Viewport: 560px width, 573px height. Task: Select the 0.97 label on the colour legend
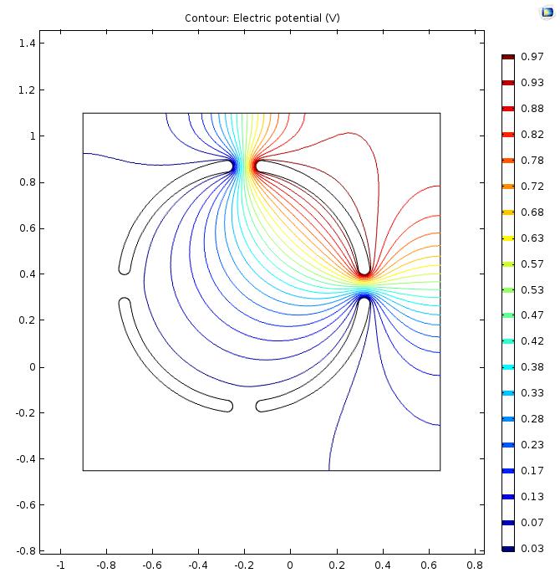[532, 57]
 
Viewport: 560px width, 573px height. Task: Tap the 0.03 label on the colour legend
[532, 549]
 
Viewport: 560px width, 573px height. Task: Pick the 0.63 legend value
[532, 238]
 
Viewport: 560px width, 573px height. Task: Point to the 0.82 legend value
[532, 135]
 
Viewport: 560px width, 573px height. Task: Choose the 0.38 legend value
[532, 367]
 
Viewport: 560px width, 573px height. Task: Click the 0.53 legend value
[532, 290]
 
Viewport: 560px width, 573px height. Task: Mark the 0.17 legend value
[532, 471]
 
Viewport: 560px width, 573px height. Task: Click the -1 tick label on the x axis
[60, 565]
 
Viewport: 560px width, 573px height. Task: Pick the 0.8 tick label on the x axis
[474, 565]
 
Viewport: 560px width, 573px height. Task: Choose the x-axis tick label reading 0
[290, 565]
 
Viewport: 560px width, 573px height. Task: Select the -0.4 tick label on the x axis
[197, 565]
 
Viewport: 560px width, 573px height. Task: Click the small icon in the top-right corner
[547, 12]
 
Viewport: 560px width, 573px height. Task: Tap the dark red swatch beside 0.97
[508, 57]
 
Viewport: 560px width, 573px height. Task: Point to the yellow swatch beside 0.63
[508, 238]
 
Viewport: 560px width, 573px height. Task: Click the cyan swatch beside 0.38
[508, 367]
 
